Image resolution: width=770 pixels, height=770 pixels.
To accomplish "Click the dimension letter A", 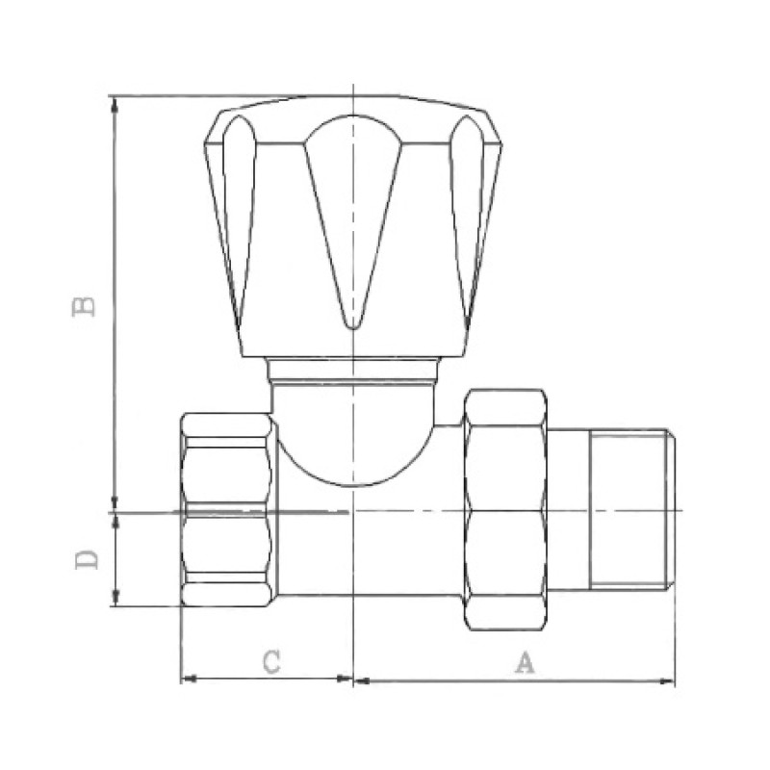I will pyautogui.click(x=524, y=662).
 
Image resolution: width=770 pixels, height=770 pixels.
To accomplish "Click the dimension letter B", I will pyautogui.click(x=86, y=305).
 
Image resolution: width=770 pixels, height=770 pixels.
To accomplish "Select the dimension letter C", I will pyautogui.click(x=272, y=661).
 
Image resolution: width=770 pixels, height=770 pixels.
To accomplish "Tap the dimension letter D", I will pyautogui.click(x=88, y=559).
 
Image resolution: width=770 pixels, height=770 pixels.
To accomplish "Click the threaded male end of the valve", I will pyautogui.click(x=631, y=509).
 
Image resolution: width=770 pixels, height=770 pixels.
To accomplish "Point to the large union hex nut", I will pyautogui.click(x=505, y=509).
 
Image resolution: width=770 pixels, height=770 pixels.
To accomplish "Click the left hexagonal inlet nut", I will pyautogui.click(x=227, y=510).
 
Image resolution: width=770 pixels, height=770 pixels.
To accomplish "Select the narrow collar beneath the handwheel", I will pyautogui.click(x=353, y=370).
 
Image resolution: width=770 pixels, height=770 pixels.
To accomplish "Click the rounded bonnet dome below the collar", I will pyautogui.click(x=353, y=433).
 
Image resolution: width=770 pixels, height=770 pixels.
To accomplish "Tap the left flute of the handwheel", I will pyautogui.click(x=239, y=212).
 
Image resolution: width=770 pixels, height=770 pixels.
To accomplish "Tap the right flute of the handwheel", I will pyautogui.click(x=468, y=212).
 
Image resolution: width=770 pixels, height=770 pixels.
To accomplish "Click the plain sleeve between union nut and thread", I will pyautogui.click(x=568, y=509).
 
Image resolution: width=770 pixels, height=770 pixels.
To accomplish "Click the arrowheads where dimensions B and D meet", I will pyautogui.click(x=115, y=510).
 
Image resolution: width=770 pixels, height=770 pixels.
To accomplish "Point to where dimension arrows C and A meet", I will pyautogui.click(x=353, y=680).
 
